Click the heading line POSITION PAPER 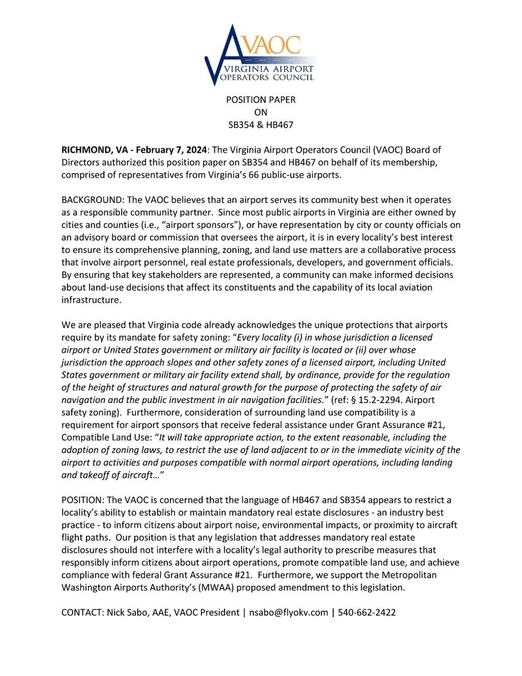click(260, 100)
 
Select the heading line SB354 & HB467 click(260, 125)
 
